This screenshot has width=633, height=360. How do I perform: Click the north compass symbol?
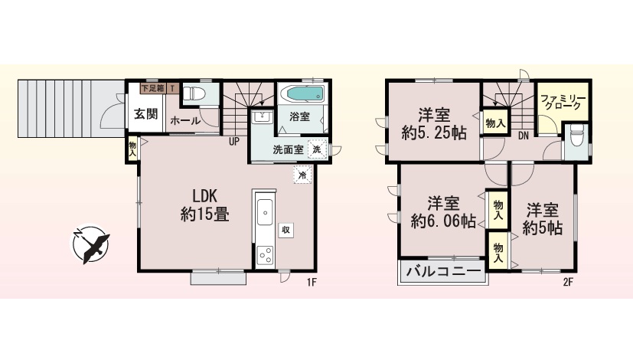coord(90,244)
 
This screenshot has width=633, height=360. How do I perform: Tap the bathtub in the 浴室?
coord(305,94)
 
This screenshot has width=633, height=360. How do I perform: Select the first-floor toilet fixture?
coord(194,94)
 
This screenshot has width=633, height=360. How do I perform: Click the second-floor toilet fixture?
coord(577,136)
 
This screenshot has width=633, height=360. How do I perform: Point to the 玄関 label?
coord(145,114)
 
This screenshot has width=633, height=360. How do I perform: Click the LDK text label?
coord(204,196)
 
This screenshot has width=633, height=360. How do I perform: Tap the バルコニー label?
coord(444,270)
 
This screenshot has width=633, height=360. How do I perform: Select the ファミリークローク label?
coord(563,102)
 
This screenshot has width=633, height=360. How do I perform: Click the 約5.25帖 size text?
coord(434,133)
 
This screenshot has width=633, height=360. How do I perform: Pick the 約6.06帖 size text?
coord(443,221)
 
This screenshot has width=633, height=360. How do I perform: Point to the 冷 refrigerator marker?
coord(302,175)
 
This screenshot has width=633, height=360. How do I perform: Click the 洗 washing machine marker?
coord(318,149)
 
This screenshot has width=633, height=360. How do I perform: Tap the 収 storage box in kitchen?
coord(286,230)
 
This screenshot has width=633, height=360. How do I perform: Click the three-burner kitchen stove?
coord(266,255)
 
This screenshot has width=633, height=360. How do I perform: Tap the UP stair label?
coord(234,142)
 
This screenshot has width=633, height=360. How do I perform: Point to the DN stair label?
coord(524,136)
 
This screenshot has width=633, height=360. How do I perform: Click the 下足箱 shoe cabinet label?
coord(153,88)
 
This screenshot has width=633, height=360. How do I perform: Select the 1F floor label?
coord(311,283)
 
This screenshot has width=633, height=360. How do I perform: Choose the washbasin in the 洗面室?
coord(262,118)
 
